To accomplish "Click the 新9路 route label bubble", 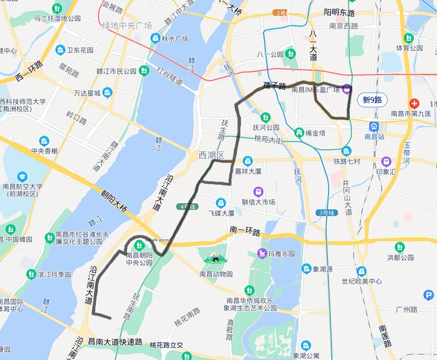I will (372, 100).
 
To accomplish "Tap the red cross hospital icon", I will (414, 103).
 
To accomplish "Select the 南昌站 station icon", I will (374, 127).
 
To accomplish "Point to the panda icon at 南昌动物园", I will (216, 258).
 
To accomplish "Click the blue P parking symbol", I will (429, 295).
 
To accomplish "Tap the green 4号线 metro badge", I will (187, 207).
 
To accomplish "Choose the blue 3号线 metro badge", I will (327, 213).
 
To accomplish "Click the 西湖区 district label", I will (212, 155).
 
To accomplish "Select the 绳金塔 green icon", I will (299, 132).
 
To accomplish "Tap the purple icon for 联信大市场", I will (258, 192).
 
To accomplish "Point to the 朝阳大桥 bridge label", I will (114, 202).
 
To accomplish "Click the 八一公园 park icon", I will (290, 54).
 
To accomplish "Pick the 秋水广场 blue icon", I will (155, 38).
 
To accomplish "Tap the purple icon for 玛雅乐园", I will (262, 253).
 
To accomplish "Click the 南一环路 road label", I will (245, 231).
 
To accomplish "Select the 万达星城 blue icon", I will (107, 92).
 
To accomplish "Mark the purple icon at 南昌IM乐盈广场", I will (346, 89).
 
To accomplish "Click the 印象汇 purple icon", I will (386, 162).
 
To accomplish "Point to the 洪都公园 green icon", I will (399, 247).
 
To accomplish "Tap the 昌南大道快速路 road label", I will (115, 342).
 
